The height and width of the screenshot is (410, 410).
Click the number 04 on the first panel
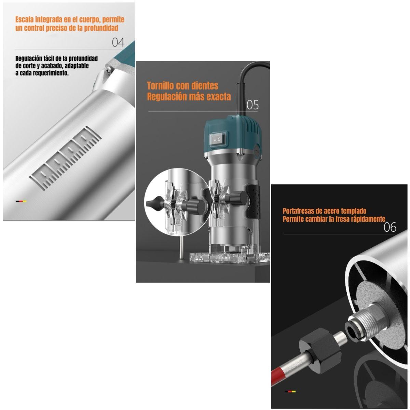(118, 43)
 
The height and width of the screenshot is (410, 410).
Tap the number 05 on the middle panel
(252, 105)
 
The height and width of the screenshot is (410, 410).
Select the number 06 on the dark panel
(389, 227)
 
